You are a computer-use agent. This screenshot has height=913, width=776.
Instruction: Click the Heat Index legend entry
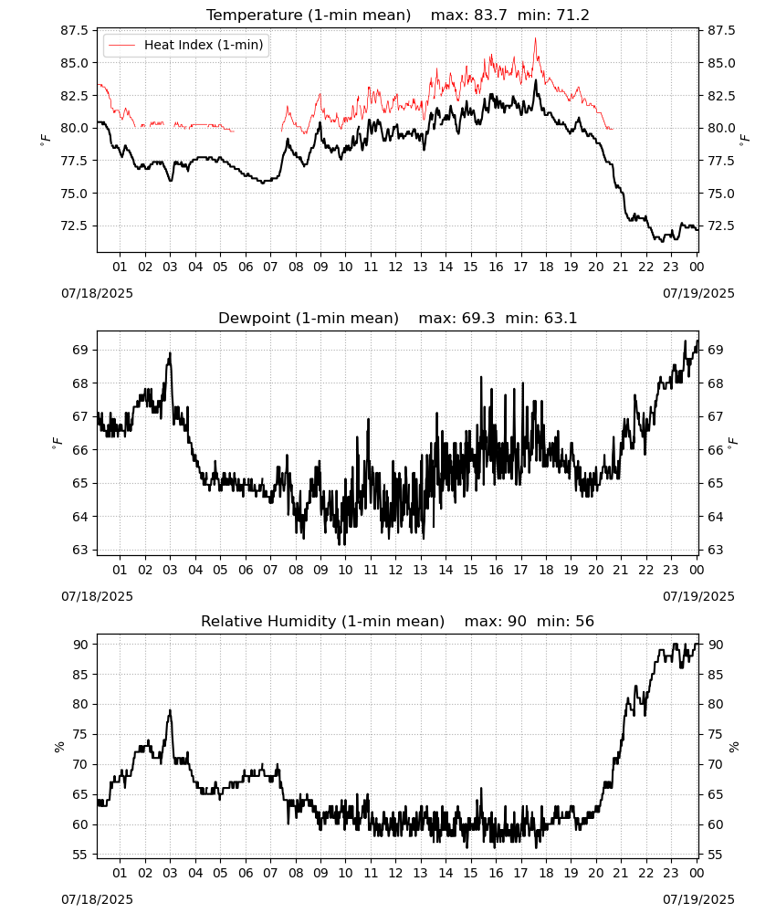(185, 45)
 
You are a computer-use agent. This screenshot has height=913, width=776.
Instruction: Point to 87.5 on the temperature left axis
(75, 30)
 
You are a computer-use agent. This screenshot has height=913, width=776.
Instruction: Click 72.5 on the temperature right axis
(721, 226)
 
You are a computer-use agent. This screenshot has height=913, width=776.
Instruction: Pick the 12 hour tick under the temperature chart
(395, 267)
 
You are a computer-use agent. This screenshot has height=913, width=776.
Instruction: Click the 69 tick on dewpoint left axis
(81, 350)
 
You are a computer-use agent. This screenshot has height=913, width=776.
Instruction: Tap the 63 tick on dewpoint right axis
(714, 550)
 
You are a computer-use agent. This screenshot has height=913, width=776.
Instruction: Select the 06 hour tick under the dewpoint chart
(245, 570)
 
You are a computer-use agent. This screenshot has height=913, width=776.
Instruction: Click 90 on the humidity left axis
(81, 645)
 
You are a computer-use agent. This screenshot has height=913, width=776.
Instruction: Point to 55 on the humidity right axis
(714, 855)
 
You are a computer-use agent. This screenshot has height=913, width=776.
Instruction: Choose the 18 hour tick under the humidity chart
(545, 873)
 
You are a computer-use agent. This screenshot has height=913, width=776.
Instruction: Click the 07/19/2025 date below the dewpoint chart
(698, 596)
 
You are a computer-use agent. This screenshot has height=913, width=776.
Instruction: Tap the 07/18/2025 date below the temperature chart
(97, 293)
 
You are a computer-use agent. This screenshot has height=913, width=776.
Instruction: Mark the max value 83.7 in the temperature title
(490, 15)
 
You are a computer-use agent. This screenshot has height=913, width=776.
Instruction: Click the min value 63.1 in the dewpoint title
(560, 318)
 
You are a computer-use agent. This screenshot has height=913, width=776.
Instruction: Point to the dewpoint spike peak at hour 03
(170, 352)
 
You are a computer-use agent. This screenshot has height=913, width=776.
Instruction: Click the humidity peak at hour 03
(170, 710)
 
